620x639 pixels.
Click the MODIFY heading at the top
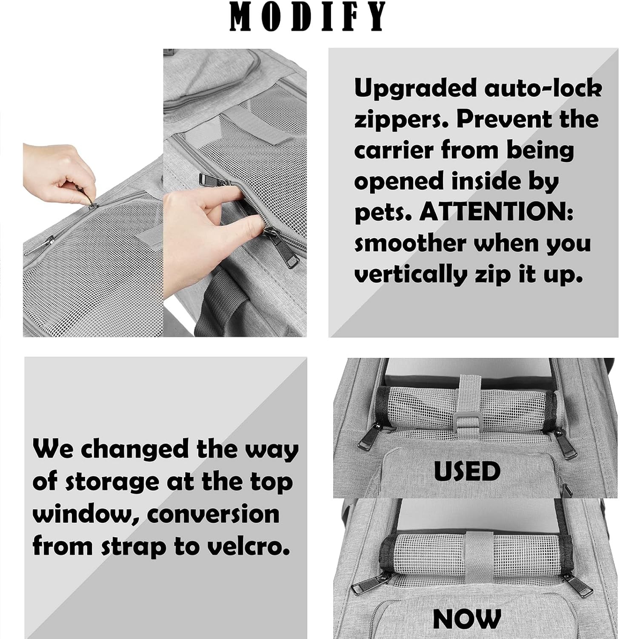click(308, 17)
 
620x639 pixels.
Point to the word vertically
click(411, 275)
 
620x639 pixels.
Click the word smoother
click(410, 244)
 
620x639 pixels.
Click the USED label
click(467, 471)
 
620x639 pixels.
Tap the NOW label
click(467, 618)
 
